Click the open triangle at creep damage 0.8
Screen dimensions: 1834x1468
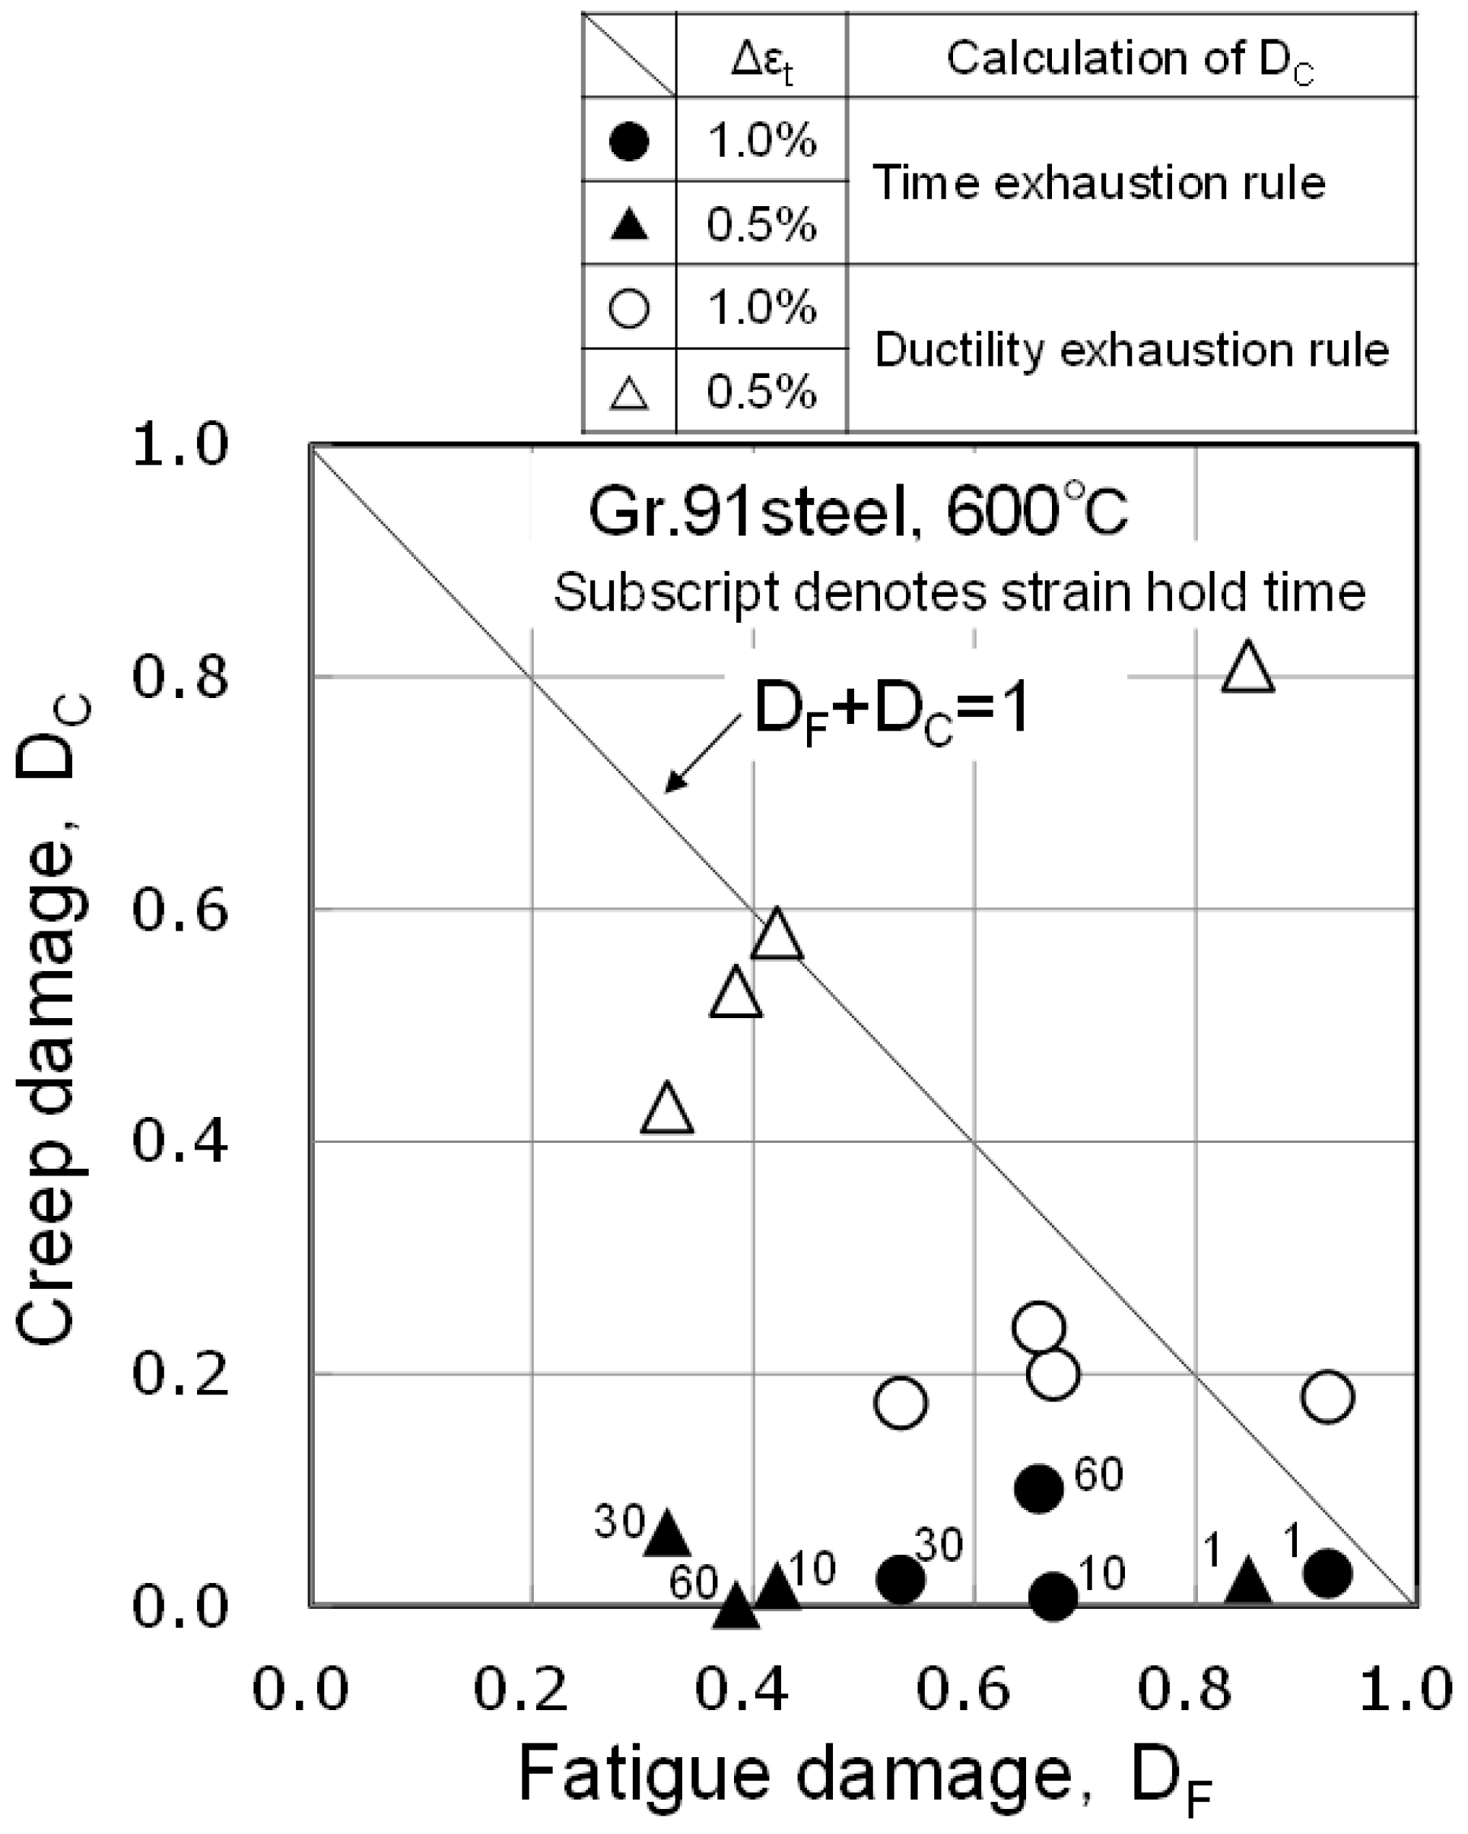[1247, 668]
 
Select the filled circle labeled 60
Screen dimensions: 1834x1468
[1039, 1488]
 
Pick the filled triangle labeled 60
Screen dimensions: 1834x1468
[736, 1606]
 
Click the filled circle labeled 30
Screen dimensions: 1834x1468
[901, 1579]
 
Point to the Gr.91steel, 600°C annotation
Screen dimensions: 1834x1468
[858, 513]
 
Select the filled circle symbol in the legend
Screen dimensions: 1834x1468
[630, 141]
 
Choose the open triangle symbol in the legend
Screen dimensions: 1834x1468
[630, 392]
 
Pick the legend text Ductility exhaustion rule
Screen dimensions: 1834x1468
[1132, 350]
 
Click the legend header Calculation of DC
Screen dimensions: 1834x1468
[1130, 59]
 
